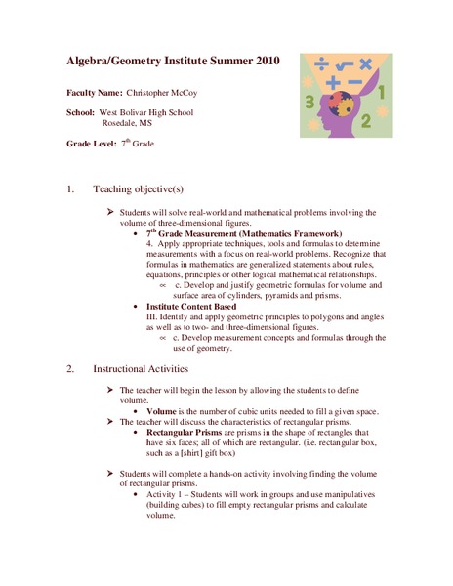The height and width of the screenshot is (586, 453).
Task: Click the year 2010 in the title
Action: tap(261, 61)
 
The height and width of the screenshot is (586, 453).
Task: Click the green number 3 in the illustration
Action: tap(309, 100)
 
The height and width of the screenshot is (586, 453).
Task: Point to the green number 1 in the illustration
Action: tap(382, 96)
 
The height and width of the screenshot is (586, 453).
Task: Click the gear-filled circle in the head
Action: tap(335, 105)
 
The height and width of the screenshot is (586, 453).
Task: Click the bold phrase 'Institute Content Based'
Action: tap(191, 307)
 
